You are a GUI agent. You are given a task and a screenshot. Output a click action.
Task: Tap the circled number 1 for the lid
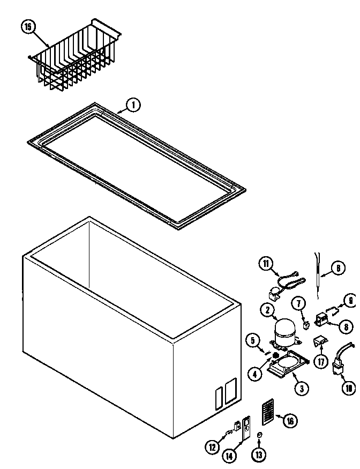[x=133, y=105]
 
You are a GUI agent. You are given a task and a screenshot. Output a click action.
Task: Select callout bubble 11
[x=266, y=263]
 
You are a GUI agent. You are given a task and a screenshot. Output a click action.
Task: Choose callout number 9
[x=349, y=301]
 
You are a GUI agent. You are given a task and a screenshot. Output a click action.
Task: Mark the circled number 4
[x=255, y=373]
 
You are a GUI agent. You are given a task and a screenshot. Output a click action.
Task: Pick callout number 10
[x=349, y=388]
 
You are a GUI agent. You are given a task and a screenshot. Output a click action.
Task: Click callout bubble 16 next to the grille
[x=289, y=421]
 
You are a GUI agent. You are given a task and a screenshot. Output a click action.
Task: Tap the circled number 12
[x=213, y=446]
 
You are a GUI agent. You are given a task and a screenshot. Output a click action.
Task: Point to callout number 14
[x=229, y=456]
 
